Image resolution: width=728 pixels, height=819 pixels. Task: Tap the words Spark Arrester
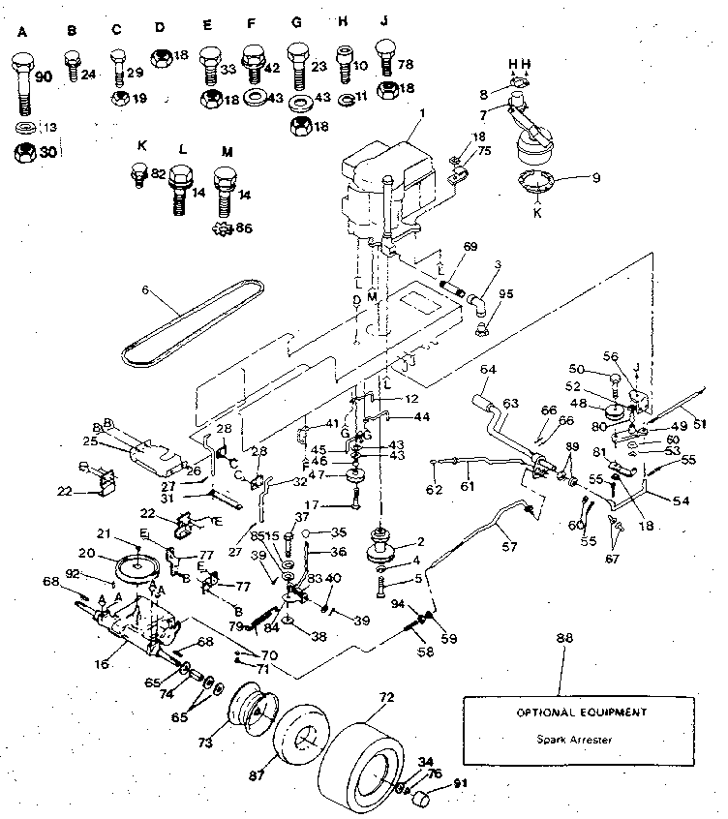pos(567,741)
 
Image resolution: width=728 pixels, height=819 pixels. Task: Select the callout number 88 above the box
pos(565,640)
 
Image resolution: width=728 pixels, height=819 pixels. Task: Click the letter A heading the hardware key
pos(24,30)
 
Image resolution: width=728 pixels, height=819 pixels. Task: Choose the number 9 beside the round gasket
pos(596,177)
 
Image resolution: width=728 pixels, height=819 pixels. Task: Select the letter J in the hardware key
pos(384,30)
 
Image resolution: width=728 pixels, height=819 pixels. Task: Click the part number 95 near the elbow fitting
pos(504,293)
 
